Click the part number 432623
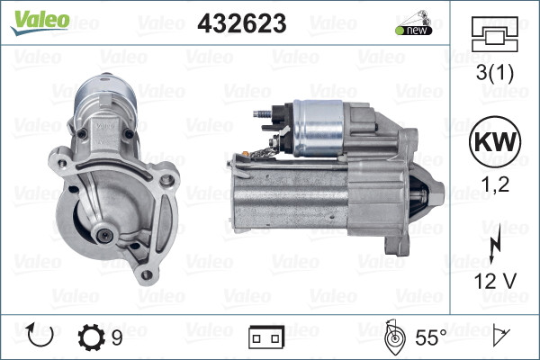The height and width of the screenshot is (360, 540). pyautogui.click(x=241, y=24)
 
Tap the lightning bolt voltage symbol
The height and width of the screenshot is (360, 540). pyautogui.click(x=494, y=247)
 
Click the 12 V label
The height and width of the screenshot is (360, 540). pyautogui.click(x=493, y=281)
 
